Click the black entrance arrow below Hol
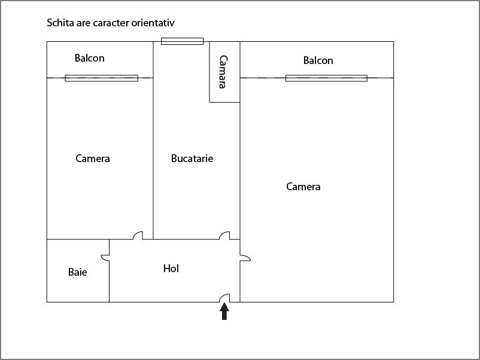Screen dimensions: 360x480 [x=224, y=312]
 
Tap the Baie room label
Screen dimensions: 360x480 [x=78, y=272]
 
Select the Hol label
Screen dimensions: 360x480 [x=171, y=269]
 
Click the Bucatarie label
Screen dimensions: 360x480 [x=192, y=158]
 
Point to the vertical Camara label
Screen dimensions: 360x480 [x=223, y=72]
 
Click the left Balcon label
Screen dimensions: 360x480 [x=90, y=58]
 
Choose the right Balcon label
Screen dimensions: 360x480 [x=318, y=60]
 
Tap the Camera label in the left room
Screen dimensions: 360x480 [x=93, y=158]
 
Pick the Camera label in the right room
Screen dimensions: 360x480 [x=303, y=187]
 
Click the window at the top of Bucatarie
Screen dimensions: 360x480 [x=183, y=41]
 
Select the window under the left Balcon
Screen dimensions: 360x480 [x=101, y=78]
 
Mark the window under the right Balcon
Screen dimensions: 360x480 [x=326, y=78]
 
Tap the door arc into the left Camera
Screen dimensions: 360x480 [x=138, y=236]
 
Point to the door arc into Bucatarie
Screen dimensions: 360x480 [x=225, y=236]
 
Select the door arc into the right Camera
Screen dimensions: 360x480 [x=245, y=258]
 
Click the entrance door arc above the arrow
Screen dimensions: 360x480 [x=226, y=298]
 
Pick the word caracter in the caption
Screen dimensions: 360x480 [x=109, y=23]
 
